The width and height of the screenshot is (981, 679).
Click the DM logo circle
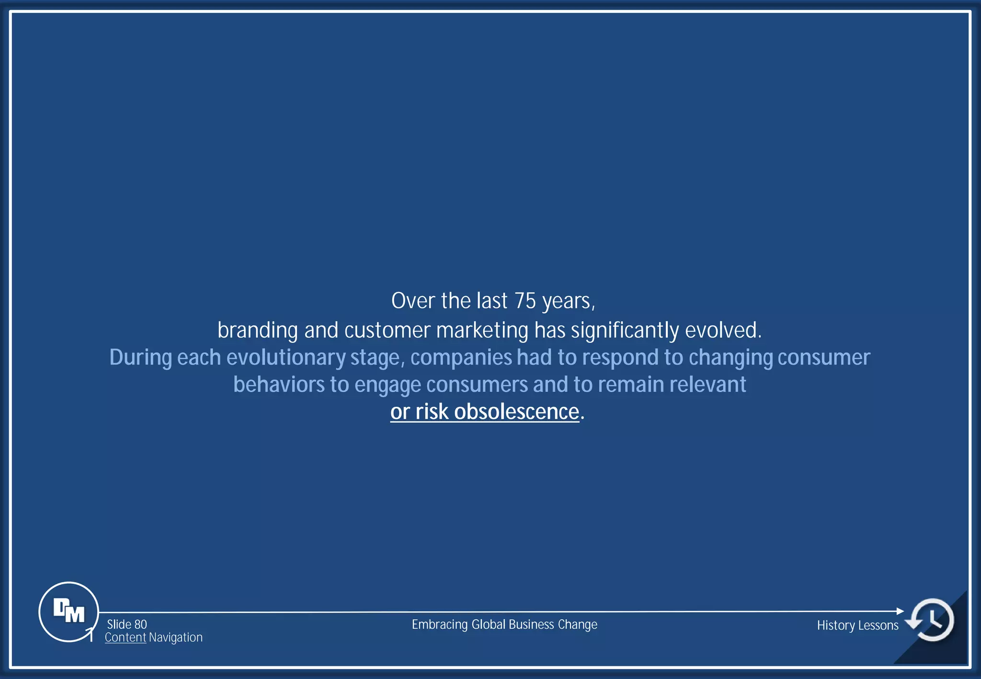tap(68, 611)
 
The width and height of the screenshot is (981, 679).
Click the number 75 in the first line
tap(525, 301)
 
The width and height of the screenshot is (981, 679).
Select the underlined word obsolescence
tap(516, 412)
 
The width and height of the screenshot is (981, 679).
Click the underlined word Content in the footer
tap(125, 637)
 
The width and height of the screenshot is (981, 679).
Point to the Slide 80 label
tap(127, 624)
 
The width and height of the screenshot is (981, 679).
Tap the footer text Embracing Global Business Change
tap(504, 624)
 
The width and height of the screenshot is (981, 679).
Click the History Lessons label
tap(857, 625)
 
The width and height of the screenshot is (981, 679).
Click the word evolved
tap(723, 330)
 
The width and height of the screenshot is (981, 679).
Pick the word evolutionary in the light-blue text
tap(286, 358)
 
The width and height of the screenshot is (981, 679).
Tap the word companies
tap(461, 358)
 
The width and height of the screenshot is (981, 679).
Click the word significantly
tap(625, 330)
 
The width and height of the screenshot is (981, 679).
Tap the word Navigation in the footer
tap(176, 637)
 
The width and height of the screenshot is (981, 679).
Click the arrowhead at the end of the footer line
tap(900, 611)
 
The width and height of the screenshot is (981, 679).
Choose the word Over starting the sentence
tap(413, 301)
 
